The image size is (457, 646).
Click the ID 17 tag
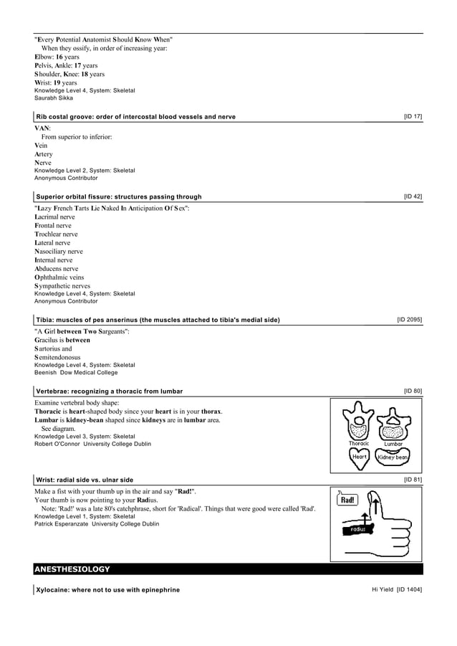[413, 116]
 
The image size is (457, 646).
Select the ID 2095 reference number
[409, 320]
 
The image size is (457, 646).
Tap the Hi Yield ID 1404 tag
[396, 589]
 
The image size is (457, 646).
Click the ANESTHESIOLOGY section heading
[72, 569]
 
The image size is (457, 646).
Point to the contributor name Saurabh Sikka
[54, 98]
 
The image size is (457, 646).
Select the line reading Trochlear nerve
[56, 234]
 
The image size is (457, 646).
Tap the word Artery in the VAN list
[44, 154]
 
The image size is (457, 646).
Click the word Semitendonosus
[57, 357]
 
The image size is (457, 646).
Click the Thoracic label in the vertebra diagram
[359, 444]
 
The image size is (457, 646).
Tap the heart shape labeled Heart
[359, 457]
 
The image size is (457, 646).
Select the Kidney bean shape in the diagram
[393, 457]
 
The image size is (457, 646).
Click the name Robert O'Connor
[57, 444]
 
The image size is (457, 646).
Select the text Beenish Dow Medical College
[76, 373]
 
